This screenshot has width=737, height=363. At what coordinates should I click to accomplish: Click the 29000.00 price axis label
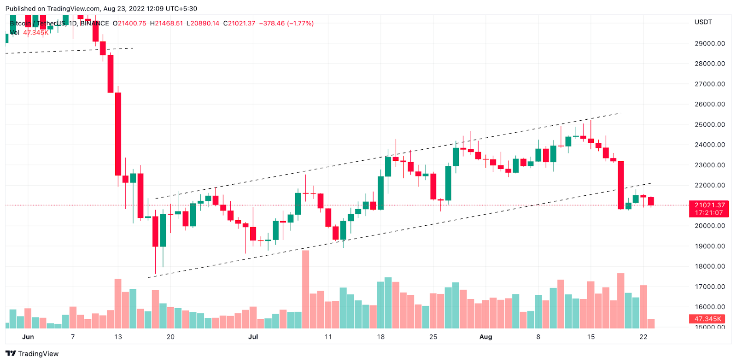point(709,43)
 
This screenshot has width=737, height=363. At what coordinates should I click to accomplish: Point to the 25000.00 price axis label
point(709,124)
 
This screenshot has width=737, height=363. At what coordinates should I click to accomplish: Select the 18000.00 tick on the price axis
point(709,266)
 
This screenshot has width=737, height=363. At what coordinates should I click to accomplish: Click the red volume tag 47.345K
point(708,319)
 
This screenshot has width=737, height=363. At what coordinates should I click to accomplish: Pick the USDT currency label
point(703,22)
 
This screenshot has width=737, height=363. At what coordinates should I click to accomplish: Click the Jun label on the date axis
point(28,337)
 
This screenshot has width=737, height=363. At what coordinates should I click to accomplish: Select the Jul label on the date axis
point(253,337)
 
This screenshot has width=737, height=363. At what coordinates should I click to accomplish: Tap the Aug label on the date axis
point(485,337)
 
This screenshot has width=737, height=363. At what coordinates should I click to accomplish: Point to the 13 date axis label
point(118,337)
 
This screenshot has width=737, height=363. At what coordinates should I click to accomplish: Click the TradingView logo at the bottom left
point(32,354)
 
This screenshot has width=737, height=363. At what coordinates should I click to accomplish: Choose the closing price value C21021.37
point(239,23)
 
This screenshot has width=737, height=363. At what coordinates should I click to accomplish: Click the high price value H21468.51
point(166,23)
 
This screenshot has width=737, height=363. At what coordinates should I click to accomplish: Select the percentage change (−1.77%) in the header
point(300,23)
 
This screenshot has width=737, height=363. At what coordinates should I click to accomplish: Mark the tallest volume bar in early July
point(305,289)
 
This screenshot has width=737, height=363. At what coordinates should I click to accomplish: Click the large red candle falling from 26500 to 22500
point(118,134)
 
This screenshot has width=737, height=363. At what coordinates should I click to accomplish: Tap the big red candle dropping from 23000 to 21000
point(621,185)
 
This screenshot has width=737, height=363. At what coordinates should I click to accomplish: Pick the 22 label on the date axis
point(643,337)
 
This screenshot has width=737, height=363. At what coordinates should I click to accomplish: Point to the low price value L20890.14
point(203,23)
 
